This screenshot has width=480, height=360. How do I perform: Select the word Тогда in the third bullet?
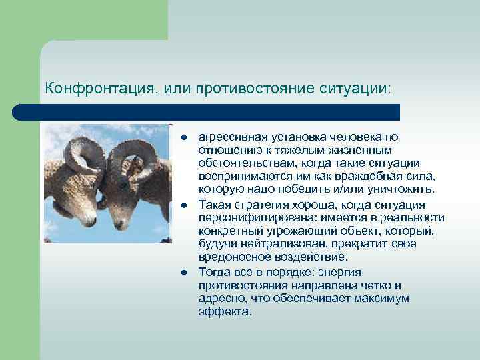click(x=213, y=271)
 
